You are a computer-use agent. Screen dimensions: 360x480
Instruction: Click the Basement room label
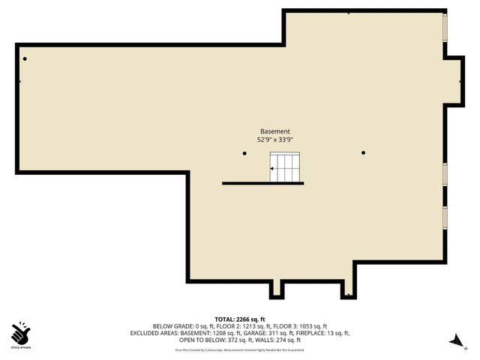pos(274,131)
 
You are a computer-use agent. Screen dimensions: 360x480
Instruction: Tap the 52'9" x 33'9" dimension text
pos(274,139)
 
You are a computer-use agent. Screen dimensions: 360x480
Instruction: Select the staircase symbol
pos(285,168)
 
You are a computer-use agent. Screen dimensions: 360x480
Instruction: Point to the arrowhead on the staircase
pos(272,169)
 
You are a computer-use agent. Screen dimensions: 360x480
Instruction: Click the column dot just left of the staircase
pos(244,153)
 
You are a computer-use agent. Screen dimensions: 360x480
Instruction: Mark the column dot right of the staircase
pos(363,153)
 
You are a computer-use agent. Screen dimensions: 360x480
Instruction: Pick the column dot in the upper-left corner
pos(25,58)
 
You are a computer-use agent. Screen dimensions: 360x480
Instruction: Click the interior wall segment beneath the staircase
pos(262,183)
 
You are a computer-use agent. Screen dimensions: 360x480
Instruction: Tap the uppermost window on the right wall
pos(445,28)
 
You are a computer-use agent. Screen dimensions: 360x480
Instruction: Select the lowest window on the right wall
pos(445,217)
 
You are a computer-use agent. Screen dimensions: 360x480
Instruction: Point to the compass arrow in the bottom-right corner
pos(454,340)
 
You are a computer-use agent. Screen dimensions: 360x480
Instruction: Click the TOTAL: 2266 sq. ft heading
pos(240,319)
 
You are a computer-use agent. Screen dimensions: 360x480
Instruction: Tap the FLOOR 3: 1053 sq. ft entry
pos(292,326)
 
